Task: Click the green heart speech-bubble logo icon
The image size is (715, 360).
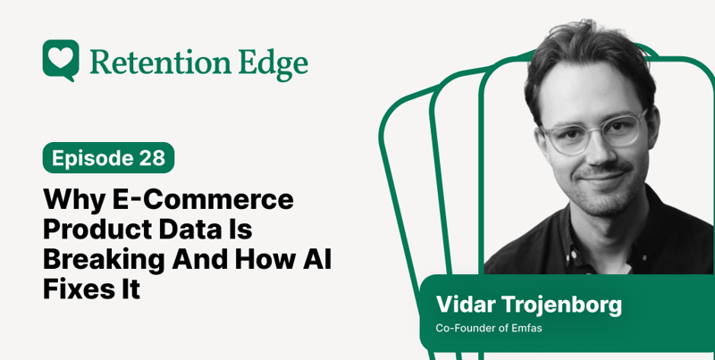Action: [x=60, y=60]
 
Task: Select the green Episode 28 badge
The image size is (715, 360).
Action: [x=108, y=158]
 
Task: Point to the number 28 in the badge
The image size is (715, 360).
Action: [x=151, y=158]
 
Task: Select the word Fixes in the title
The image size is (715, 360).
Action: [x=78, y=289]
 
